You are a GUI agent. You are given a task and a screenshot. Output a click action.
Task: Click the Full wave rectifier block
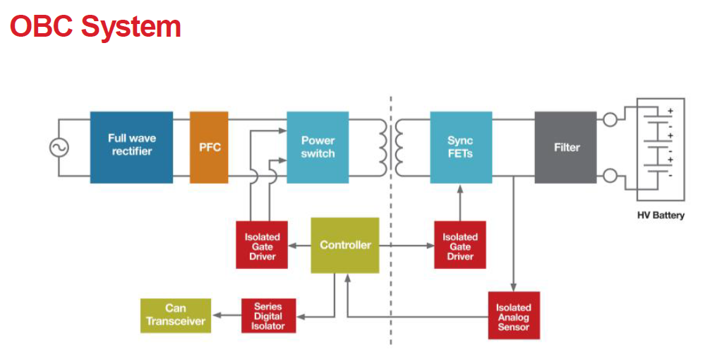[x=131, y=147]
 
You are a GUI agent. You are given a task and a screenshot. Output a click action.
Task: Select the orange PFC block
[x=210, y=147]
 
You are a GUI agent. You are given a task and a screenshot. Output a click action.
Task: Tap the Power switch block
[x=318, y=147]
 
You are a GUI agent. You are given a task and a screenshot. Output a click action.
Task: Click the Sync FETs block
[x=460, y=147]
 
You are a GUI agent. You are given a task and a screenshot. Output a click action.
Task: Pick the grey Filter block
[x=566, y=147]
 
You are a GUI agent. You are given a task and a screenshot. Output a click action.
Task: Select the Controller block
[x=345, y=245]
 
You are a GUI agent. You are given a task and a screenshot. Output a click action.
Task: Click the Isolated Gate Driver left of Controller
[x=262, y=246]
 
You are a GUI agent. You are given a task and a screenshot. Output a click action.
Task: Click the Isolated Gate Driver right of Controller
[x=459, y=246]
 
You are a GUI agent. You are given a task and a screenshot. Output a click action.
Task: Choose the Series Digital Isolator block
[x=268, y=316]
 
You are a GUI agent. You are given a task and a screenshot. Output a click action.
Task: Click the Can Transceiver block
[x=176, y=316]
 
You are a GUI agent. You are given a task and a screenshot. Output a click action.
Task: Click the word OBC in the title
[x=42, y=27]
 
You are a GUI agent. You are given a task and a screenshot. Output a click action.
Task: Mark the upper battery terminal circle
[x=610, y=119]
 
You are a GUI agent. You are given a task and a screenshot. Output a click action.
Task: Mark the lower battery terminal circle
[x=610, y=175]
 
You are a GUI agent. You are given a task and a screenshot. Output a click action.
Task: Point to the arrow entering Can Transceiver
[x=217, y=316]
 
